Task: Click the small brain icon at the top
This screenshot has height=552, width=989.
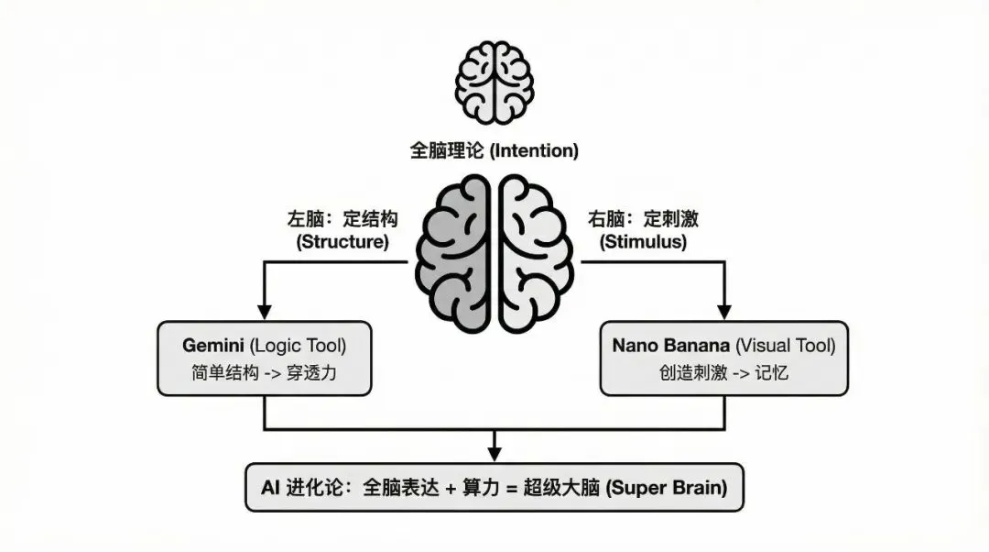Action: pyautogui.click(x=494, y=83)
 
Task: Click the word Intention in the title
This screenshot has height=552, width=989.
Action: pyautogui.click(x=535, y=150)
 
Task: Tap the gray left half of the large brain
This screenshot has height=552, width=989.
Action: pyautogui.click(x=454, y=248)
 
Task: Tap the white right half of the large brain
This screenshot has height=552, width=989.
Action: pyautogui.click(x=535, y=248)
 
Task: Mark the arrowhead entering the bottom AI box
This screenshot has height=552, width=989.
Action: pyautogui.click(x=494, y=456)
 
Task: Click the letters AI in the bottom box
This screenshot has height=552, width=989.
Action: pyautogui.click(x=270, y=488)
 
